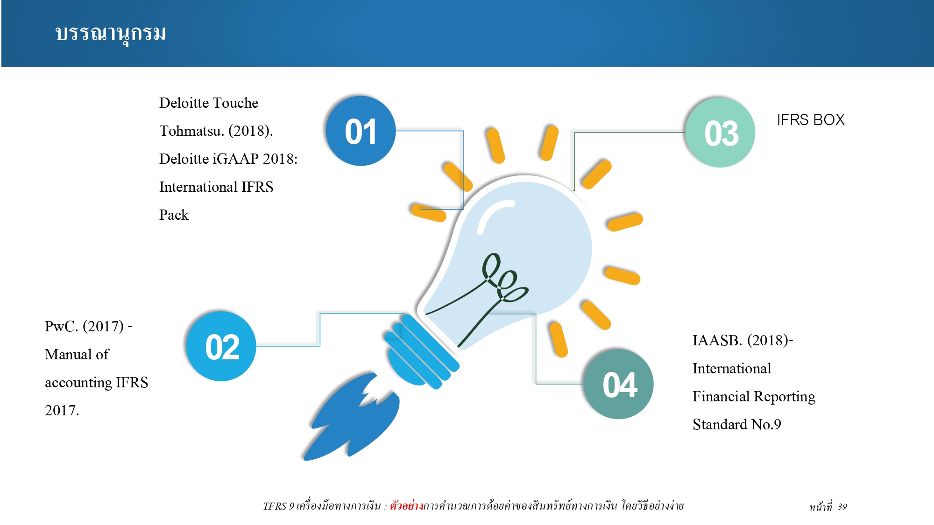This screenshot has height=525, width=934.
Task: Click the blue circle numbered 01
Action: [361, 131]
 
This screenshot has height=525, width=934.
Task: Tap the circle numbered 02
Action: [221, 346]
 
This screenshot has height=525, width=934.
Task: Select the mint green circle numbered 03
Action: [720, 133]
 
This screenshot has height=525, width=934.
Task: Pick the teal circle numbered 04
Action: [618, 384]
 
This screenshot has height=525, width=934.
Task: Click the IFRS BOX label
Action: [811, 120]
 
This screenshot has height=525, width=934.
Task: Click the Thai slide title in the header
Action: [111, 34]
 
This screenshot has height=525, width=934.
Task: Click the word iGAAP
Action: [236, 159]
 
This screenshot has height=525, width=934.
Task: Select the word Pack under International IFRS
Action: [174, 215]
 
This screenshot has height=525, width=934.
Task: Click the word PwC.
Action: [61, 326]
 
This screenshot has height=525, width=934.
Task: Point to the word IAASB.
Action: [717, 340]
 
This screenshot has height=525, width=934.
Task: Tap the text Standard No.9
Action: [737, 424]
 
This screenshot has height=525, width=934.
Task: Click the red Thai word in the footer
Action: [406, 505]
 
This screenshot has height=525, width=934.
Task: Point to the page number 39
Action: [842, 507]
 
